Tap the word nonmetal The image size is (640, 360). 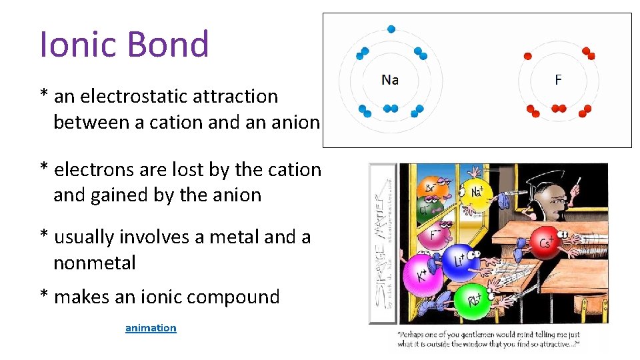coord(94,263)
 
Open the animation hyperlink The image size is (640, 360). coord(151,328)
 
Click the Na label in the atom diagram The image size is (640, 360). coord(390,80)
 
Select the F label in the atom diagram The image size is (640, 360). coord(558,80)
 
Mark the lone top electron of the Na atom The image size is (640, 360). coord(391,29)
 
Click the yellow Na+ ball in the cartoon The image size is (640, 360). coord(477,193)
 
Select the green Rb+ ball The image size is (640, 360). coord(474,299)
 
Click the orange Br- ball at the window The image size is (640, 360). coord(430,189)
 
